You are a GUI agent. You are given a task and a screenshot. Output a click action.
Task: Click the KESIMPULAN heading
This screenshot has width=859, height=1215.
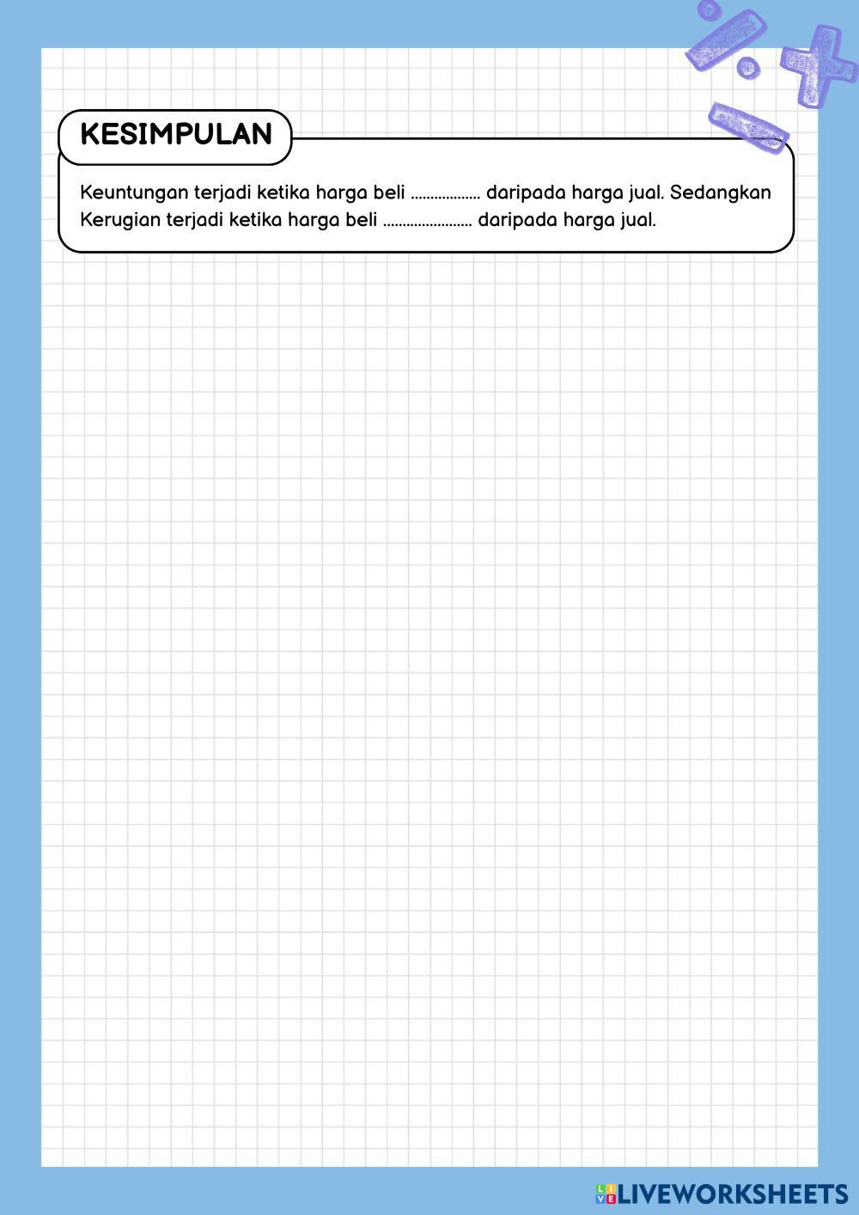pos(176,135)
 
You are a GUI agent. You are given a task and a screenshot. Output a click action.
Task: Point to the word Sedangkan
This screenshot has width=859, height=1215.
pos(721,192)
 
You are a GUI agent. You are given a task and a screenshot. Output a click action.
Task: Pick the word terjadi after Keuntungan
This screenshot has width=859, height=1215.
pos(223,192)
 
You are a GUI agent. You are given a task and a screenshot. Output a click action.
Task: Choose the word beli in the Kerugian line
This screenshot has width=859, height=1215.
pos(361,220)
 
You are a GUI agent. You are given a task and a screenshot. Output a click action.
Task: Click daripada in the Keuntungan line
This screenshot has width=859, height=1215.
pos(526,192)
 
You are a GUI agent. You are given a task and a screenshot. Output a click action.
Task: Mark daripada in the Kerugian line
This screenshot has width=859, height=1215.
pos(517,220)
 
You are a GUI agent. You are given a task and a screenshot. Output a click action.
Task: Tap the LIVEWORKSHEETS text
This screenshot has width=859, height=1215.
pos(733,1194)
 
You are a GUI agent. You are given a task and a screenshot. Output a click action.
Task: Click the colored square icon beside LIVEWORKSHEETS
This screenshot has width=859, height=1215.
pos(606,1194)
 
